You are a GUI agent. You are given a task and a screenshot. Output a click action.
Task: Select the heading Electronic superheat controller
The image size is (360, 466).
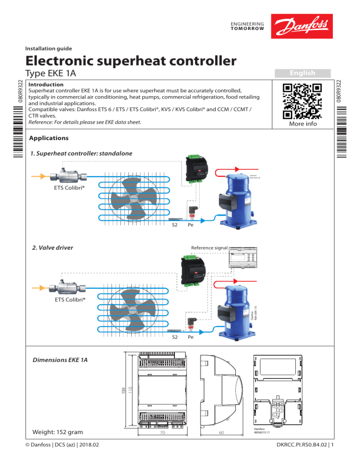tap(130, 60)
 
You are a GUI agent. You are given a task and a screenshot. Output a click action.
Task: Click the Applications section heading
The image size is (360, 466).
tap(49, 138)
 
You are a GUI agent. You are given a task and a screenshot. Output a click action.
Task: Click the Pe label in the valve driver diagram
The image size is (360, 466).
tap(191, 337)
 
